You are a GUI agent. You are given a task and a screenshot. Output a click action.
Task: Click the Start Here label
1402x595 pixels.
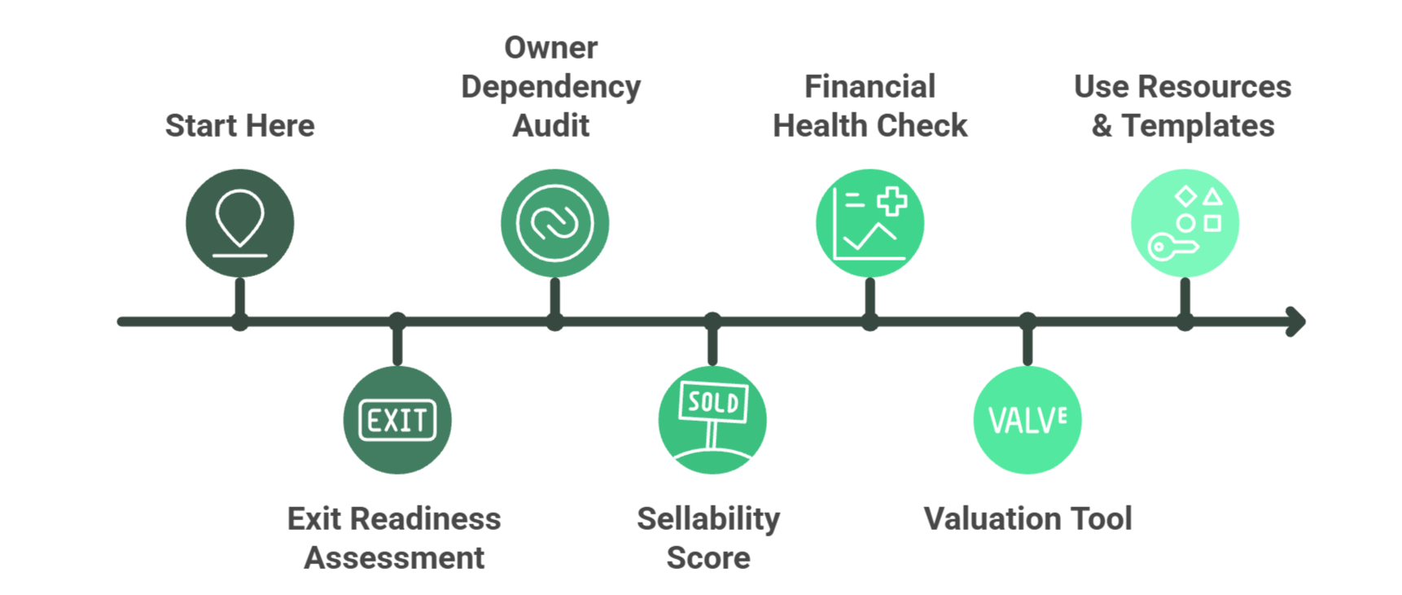click(239, 125)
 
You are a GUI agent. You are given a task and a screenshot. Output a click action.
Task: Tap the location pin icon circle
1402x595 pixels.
click(239, 223)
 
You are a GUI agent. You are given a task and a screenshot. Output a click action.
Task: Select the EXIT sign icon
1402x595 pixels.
click(397, 420)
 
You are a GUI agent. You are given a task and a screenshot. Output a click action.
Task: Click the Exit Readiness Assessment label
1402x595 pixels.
click(394, 538)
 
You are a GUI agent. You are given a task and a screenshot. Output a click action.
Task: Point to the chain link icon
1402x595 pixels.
click(554, 223)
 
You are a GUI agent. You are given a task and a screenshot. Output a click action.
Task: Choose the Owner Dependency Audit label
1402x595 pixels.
click(551, 86)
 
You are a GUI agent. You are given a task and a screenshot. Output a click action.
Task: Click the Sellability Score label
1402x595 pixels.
click(708, 538)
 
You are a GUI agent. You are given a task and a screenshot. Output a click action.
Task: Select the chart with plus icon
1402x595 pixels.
click(870, 223)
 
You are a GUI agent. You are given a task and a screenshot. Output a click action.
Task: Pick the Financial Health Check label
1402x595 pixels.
click(870, 106)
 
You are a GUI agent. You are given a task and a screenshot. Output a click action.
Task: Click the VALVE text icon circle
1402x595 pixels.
click(1027, 420)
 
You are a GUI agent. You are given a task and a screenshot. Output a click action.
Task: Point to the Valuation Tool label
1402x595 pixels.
click(1027, 518)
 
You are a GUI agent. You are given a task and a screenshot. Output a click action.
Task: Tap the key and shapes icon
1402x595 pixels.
click(1185, 223)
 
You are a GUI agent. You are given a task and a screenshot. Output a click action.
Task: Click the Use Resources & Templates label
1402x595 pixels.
click(1182, 106)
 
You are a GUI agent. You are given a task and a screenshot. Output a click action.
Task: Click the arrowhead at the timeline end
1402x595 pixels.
click(1296, 322)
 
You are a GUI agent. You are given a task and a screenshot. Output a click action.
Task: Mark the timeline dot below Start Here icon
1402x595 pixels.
click(239, 322)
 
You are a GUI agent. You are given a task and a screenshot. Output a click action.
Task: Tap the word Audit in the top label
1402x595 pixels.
click(551, 125)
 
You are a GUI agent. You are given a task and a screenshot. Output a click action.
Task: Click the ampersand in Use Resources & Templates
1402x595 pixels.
click(1102, 126)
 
